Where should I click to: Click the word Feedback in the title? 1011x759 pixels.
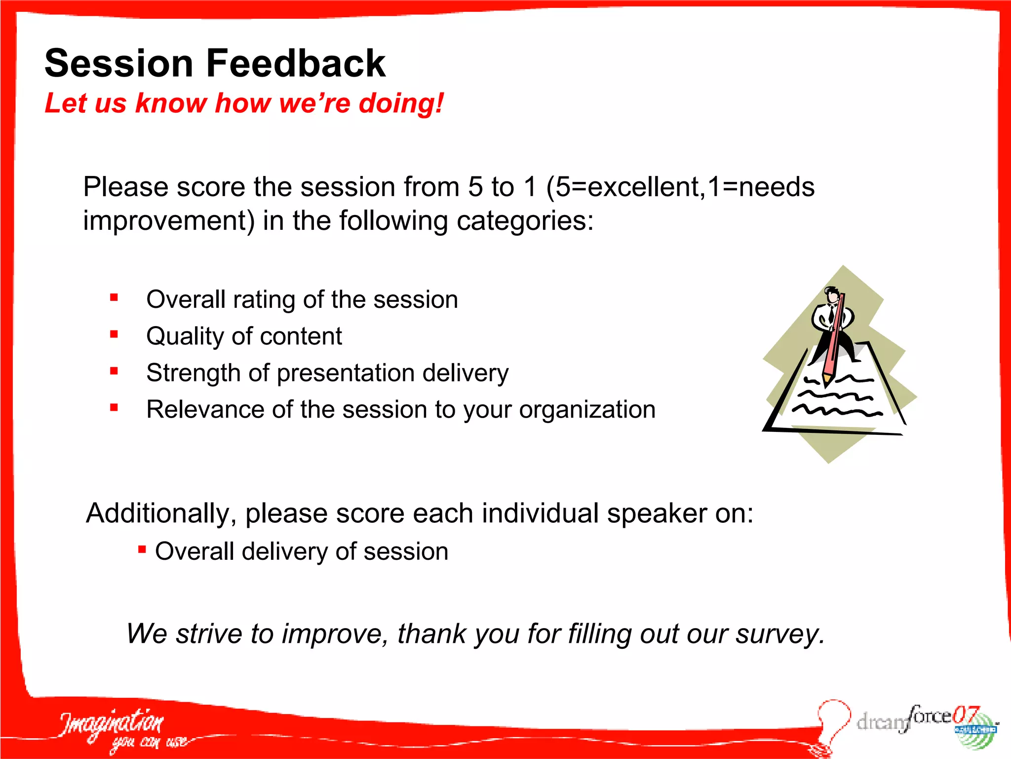tap(295, 63)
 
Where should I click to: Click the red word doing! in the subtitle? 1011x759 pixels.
tap(401, 103)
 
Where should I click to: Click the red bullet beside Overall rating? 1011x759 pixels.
tap(114, 297)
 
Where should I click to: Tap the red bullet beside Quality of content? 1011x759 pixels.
tap(114, 335)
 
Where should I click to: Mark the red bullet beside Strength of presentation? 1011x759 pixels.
tap(114, 371)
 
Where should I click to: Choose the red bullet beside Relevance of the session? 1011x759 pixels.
tap(114, 408)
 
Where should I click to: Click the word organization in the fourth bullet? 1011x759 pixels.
tap(587, 410)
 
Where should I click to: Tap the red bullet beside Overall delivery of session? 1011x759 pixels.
tap(142, 549)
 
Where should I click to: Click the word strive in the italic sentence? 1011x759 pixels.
tap(209, 634)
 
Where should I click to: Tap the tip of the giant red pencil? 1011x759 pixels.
tap(826, 382)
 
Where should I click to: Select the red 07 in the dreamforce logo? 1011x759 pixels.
tap(965, 715)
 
